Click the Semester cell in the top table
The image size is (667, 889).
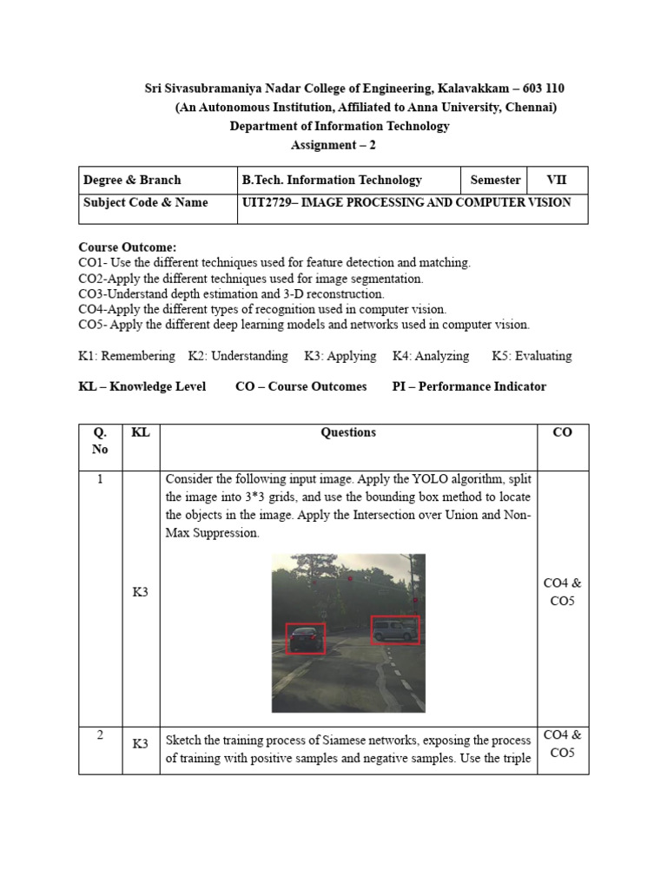tap(495, 181)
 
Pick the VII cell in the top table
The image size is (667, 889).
tap(556, 181)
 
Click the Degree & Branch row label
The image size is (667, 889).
tap(132, 181)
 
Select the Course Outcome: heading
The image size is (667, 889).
tap(128, 247)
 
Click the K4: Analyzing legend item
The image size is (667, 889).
tap(431, 356)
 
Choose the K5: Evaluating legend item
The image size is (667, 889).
tap(532, 356)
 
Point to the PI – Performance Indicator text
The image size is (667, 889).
tap(469, 386)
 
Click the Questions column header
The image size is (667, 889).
tap(348, 432)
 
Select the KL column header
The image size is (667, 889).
tap(140, 432)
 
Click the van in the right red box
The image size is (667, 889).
tap(393, 630)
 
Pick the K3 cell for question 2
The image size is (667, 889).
tap(140, 744)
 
